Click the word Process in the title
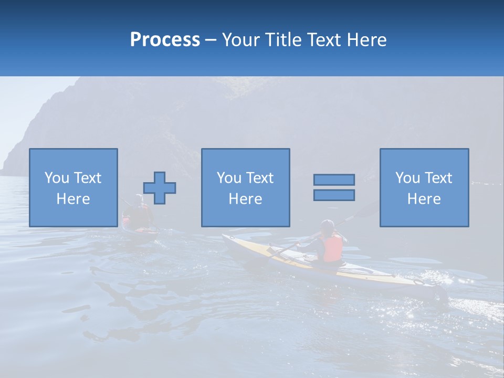pos(165,40)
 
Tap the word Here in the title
pos(367,40)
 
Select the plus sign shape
pos(160,188)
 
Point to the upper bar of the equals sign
pos(334,180)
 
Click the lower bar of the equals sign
pos(334,195)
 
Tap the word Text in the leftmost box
pos(88,178)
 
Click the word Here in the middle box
pos(245,199)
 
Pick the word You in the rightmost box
pos(407,178)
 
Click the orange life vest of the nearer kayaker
pos(332,248)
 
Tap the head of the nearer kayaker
pos(328,226)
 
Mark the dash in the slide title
pos(211,40)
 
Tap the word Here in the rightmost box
pos(424,199)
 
